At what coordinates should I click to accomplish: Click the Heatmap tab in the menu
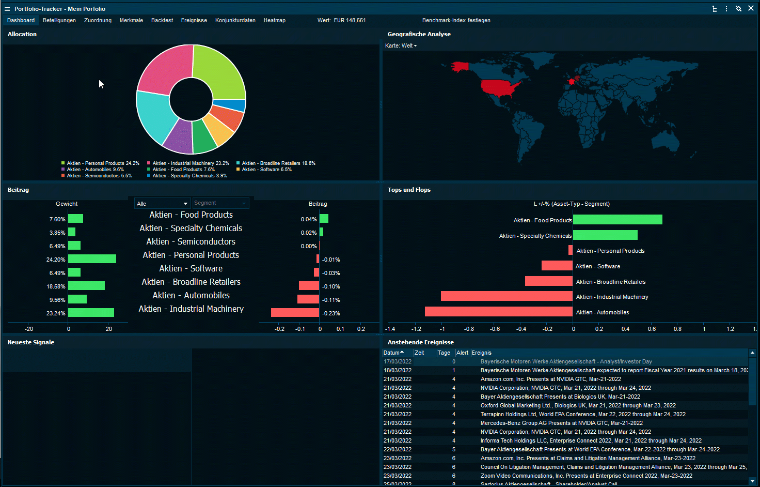tap(274, 21)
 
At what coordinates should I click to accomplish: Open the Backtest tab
tap(162, 21)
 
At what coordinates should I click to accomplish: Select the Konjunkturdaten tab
tap(235, 21)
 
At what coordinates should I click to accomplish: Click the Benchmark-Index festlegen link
tap(456, 21)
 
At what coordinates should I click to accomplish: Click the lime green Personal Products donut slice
tap(219, 70)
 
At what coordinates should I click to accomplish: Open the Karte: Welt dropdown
tap(401, 45)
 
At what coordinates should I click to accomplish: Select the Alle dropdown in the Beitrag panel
tap(162, 204)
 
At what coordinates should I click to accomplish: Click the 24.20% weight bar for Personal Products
tap(92, 259)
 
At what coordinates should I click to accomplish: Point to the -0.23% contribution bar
tap(295, 313)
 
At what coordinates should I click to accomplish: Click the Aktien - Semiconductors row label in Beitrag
tap(191, 241)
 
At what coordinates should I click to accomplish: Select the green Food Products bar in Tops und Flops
tap(617, 220)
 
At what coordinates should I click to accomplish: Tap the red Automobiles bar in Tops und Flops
tap(499, 312)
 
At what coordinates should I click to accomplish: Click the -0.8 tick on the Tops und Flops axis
tap(469, 329)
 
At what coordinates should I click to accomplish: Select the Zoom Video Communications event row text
tap(586, 476)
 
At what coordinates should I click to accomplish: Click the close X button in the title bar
tap(751, 8)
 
